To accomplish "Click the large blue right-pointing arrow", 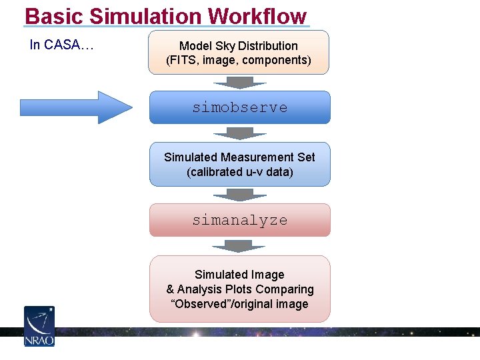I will click(77, 107).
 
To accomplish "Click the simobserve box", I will click(239, 107).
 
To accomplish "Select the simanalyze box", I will click(239, 220).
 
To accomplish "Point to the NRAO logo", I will click(39, 326).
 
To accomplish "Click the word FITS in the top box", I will click(183, 60).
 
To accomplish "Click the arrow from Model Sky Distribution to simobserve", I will click(239, 83).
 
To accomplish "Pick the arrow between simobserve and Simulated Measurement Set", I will click(239, 133).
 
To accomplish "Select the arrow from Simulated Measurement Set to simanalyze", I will click(239, 195).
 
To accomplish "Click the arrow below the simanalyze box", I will click(239, 246).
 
